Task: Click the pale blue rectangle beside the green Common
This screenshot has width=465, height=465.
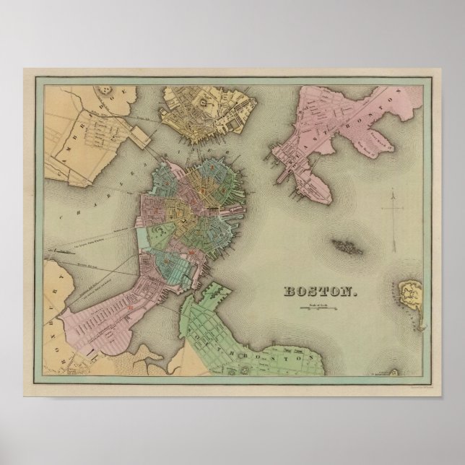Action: tap(157, 238)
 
